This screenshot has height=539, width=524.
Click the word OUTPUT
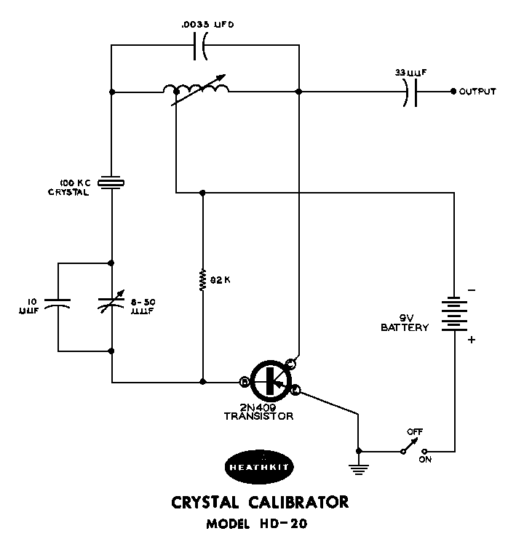(477, 92)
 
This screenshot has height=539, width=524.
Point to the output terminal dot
(453, 92)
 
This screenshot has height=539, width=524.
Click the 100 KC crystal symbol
(111, 183)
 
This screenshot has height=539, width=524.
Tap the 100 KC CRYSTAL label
(74, 188)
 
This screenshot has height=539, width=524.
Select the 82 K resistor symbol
(202, 280)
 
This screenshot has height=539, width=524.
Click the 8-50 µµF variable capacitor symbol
(111, 306)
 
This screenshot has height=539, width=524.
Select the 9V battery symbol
(454, 314)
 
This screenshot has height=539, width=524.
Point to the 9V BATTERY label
(405, 322)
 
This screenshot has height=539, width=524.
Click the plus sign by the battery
(471, 340)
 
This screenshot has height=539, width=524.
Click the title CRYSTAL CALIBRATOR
(259, 502)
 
